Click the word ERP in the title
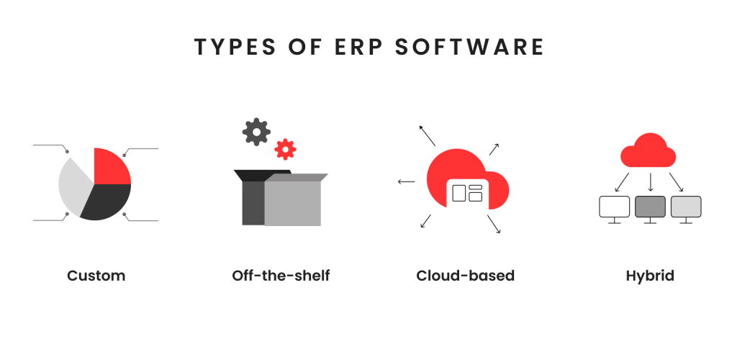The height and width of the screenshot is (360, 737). (359, 48)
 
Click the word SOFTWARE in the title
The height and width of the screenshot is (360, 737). (469, 48)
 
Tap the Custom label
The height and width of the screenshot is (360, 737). (96, 276)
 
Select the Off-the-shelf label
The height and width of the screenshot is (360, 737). (281, 276)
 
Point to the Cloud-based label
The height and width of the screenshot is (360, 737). (466, 276)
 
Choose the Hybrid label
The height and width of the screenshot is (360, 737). (650, 276)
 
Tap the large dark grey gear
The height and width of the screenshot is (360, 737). (256, 132)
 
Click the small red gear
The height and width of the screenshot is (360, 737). (285, 150)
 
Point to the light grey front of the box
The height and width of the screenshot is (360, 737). (292, 202)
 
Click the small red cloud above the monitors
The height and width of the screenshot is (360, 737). (648, 151)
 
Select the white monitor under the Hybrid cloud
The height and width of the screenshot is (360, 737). (615, 207)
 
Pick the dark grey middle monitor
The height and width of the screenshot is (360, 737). (650, 207)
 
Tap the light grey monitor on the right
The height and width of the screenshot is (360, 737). (686, 207)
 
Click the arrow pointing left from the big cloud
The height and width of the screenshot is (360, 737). (407, 181)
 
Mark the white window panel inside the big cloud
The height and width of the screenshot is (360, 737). (468, 194)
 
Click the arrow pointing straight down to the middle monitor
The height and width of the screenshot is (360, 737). (651, 182)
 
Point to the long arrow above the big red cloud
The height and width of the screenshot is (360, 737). (428, 135)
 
